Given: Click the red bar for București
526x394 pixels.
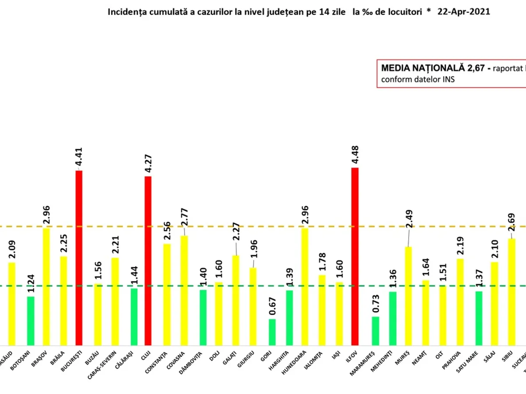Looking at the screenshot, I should click(79, 258).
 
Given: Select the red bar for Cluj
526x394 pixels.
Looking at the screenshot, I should click(148, 261).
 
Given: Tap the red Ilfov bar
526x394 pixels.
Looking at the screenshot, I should click(355, 257).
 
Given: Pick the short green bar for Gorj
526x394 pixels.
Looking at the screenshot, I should click(272, 332).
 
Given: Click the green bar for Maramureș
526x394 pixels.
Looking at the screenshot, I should click(375, 331).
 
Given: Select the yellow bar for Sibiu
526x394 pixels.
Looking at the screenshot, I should click(512, 292).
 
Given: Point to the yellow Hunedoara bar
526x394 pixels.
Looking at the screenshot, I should click(305, 287).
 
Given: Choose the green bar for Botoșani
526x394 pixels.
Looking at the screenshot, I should click(30, 321).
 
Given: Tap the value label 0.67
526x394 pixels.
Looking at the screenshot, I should click(272, 305).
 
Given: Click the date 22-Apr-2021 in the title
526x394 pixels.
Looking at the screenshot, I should click(464, 12).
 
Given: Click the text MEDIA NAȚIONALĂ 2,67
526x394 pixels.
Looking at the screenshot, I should click(434, 68).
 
